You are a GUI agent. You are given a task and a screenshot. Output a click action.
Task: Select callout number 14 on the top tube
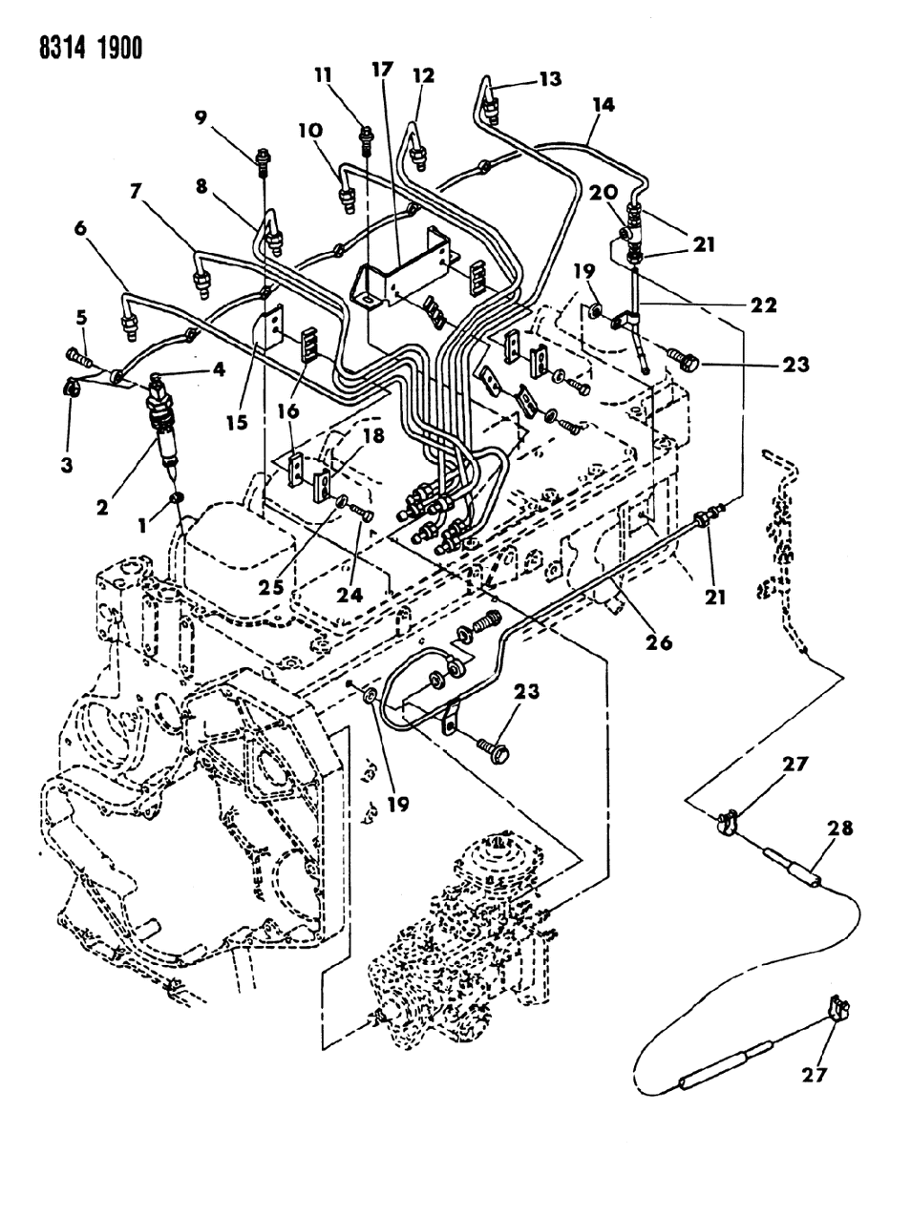(601, 107)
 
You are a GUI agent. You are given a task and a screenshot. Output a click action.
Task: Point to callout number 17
(381, 69)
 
